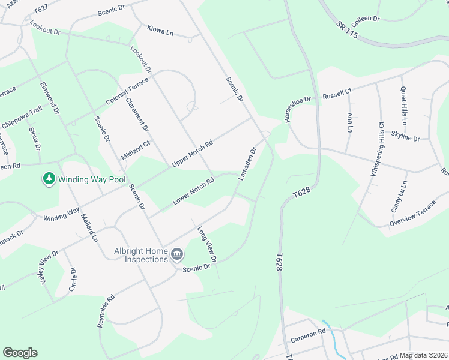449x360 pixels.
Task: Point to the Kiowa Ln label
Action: [160, 30]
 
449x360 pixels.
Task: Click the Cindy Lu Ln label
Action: [400, 196]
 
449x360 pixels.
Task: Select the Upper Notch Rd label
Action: [193, 154]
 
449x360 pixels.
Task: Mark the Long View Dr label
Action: [206, 242]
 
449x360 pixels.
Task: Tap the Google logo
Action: [20, 353]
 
